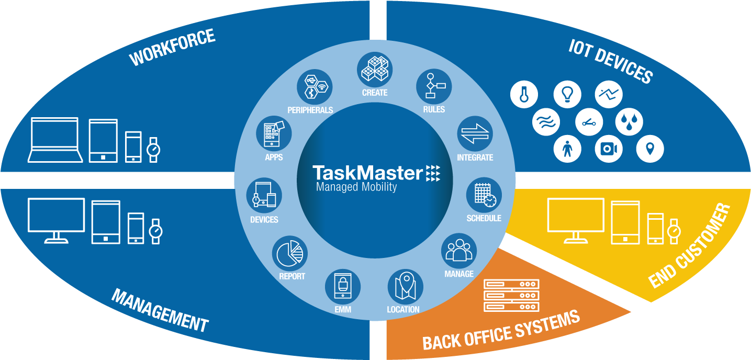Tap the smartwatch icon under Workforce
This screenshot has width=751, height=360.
point(153,150)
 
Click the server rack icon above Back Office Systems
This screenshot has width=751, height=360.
point(511,295)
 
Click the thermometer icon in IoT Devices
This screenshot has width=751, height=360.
point(524,95)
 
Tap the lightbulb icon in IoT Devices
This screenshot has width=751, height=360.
point(567,95)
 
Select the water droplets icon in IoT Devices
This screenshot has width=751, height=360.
point(629,122)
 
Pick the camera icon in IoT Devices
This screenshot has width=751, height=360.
point(608,149)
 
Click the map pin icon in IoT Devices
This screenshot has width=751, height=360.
point(650,149)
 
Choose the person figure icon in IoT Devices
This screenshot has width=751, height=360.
point(567,149)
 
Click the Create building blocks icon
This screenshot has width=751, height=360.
point(375,69)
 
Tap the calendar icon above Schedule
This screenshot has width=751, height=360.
point(484,195)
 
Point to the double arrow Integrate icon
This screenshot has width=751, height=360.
point(475,133)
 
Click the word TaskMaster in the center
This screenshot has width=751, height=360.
point(367,173)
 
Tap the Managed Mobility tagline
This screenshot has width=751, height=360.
point(356,187)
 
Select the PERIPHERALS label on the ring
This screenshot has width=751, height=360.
point(310,110)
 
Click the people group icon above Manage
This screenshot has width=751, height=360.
point(459,250)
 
